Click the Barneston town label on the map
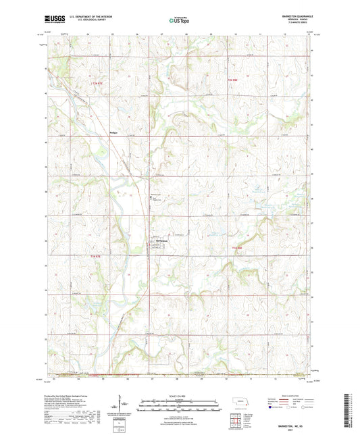pos(157,241)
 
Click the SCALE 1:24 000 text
pos(180,396)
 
